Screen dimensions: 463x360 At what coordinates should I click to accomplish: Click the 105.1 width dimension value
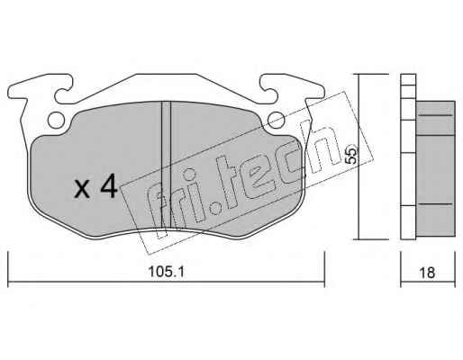(166, 272)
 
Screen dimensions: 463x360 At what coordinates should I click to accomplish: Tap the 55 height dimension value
(351, 154)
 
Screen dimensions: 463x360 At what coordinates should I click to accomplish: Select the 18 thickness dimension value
(426, 273)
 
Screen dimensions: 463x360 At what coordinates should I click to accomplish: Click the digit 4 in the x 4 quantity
(108, 186)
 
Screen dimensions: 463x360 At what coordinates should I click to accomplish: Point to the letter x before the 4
(82, 189)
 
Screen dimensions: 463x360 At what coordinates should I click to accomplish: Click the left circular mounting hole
(56, 120)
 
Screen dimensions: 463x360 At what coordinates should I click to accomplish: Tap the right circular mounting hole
(276, 120)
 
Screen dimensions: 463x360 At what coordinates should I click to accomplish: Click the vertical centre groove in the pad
(166, 165)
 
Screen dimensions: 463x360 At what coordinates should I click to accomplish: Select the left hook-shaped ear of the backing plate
(39, 89)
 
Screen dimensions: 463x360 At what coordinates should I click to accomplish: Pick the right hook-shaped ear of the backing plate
(293, 89)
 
